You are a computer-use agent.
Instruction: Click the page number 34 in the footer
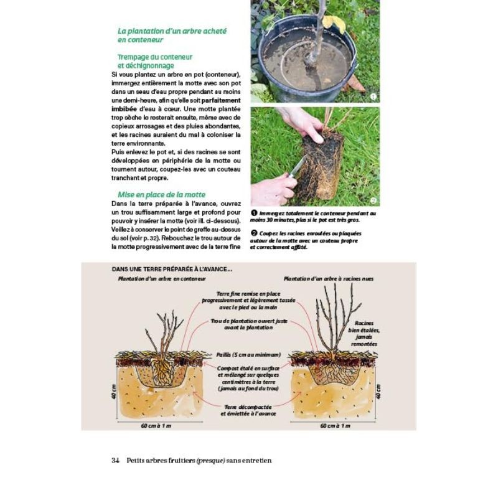tap(115, 461)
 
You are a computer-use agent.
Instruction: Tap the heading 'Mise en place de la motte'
tap(161, 194)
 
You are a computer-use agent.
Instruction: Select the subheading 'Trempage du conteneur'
tap(155, 57)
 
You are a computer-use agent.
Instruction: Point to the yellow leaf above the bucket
tap(334, 22)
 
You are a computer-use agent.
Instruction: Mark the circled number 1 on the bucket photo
tap(373, 96)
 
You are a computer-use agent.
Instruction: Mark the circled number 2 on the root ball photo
tap(373, 200)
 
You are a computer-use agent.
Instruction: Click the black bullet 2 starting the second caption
tap(254, 233)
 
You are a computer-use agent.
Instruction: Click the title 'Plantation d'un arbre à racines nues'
tap(329, 279)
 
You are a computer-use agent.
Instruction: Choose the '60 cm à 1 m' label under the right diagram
tap(336, 426)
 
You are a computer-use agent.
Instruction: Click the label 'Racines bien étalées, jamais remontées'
tap(367, 333)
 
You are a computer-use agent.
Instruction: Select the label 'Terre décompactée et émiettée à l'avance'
tap(248, 410)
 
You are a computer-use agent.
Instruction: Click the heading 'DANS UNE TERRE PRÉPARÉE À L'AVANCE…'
tap(172, 269)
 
